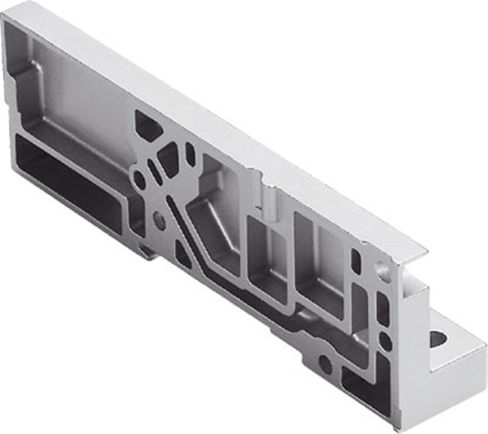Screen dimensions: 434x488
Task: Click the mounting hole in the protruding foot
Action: pyautogui.click(x=438, y=339)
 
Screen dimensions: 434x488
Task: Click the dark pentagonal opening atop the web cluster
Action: pyautogui.click(x=148, y=126)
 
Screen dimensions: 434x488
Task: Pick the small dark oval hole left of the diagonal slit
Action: pyautogui.click(x=139, y=180)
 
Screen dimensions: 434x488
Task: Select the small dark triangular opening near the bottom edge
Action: pyautogui.click(x=183, y=254)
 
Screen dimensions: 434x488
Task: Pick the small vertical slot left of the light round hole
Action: pyautogui.click(x=356, y=261)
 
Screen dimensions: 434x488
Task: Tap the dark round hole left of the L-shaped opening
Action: pyautogui.click(x=325, y=364)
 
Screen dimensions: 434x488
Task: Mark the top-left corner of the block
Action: pyautogui.click(x=6, y=14)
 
